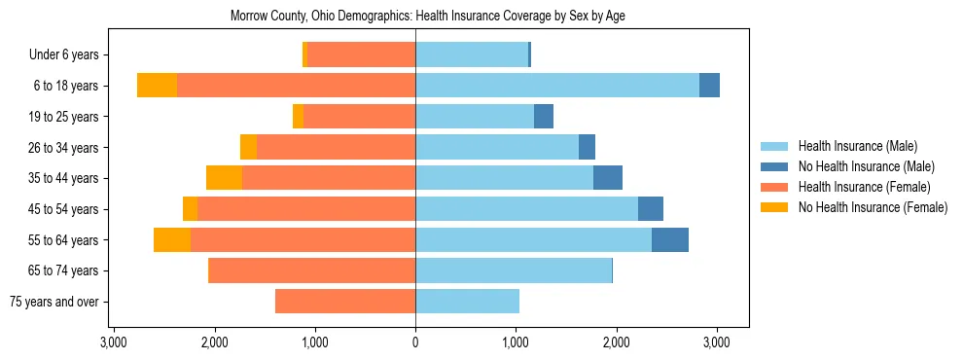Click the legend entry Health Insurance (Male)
(857, 146)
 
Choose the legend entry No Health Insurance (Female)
(873, 207)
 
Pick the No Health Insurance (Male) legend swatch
(773, 166)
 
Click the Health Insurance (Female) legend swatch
(773, 187)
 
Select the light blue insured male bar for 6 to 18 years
(557, 85)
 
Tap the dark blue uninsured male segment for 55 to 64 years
(670, 239)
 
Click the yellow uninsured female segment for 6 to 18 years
(157, 85)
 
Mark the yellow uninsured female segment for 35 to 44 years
(224, 178)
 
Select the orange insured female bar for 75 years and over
(345, 302)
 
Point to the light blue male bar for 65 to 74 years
(514, 270)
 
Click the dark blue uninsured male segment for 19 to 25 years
(544, 116)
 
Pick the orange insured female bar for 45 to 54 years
(306, 208)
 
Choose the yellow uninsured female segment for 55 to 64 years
(172, 239)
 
